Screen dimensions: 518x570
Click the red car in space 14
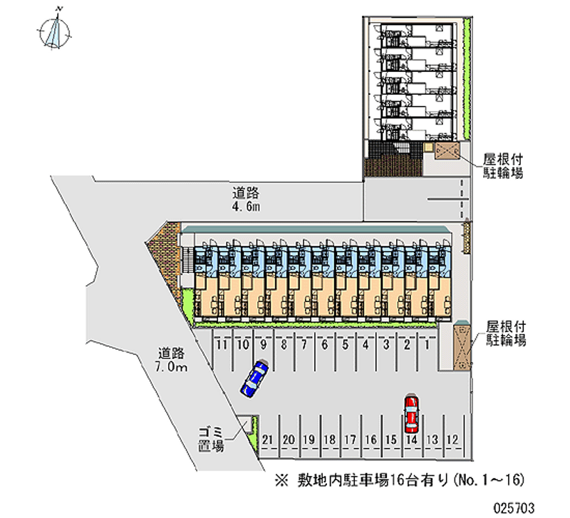point(411,415)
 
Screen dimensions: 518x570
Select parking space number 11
point(222,345)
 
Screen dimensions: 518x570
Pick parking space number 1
point(427,345)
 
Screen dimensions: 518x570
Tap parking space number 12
point(452,440)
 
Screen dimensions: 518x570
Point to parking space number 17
point(349,440)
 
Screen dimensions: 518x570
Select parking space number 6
point(324,345)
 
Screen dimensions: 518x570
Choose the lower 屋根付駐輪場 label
point(506,333)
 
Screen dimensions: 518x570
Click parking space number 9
point(263,345)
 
